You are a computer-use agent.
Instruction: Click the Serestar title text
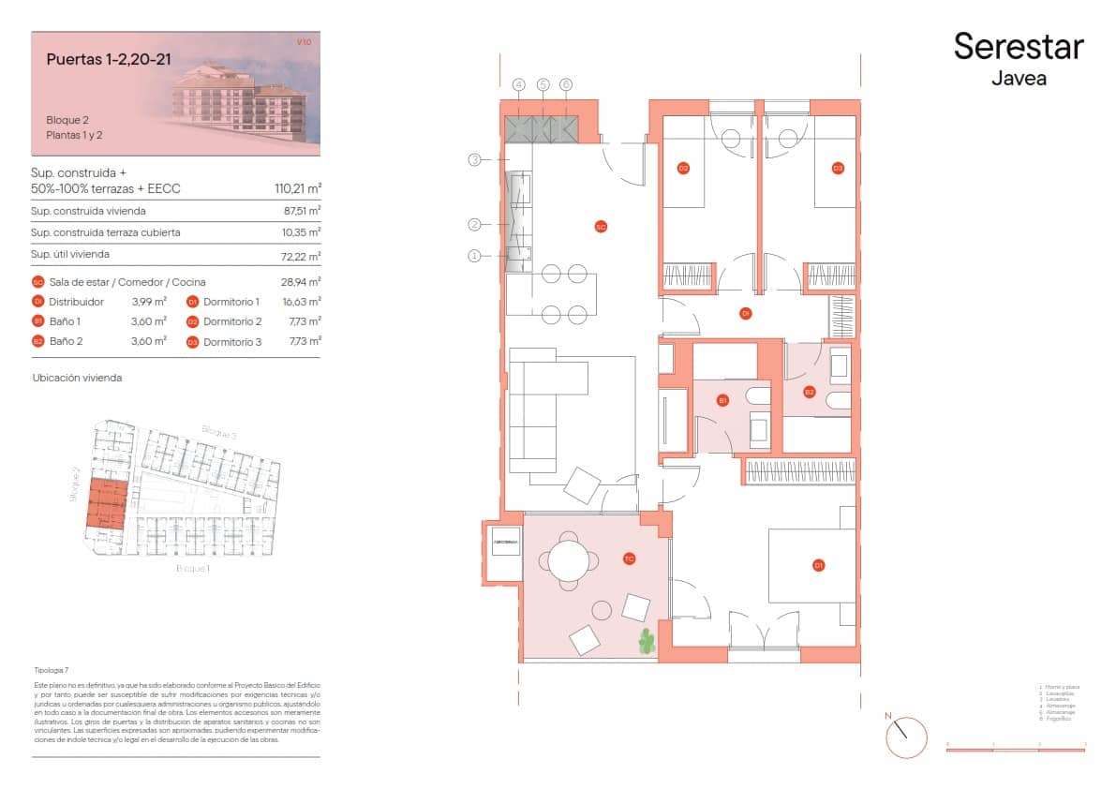click(x=1018, y=46)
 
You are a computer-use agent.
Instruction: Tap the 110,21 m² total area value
click(x=294, y=188)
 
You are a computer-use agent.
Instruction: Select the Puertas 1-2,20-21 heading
click(x=103, y=59)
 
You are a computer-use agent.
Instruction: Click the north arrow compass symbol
click(x=905, y=737)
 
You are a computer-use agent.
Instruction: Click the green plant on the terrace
click(x=646, y=641)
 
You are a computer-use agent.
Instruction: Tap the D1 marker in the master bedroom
click(x=818, y=565)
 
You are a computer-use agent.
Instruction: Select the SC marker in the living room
click(x=601, y=226)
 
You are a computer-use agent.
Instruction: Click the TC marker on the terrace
click(x=630, y=559)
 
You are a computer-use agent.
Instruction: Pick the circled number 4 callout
click(x=519, y=84)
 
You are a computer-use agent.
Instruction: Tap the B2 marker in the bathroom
click(x=810, y=392)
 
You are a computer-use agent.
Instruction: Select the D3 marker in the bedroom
click(x=838, y=169)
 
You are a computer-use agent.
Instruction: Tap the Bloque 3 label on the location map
click(x=218, y=432)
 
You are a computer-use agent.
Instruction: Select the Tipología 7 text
click(x=51, y=671)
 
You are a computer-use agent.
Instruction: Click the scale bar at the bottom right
click(x=1015, y=750)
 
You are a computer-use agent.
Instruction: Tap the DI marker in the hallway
click(x=746, y=312)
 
